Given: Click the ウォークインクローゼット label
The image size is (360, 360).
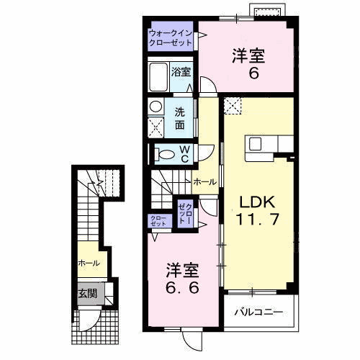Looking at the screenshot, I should point(170,38).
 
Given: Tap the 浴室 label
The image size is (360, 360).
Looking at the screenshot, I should point(181,71).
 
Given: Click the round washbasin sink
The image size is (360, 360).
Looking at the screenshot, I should point(156,107).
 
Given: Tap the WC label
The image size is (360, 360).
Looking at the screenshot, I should point(184,153).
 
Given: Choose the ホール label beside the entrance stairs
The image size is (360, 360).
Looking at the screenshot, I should point(89,264).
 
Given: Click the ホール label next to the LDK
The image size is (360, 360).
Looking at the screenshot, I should point(205,183).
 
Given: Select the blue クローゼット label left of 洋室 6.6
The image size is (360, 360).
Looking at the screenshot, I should point(158,221).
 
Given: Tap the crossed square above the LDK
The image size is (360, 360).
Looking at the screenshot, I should point(233,107).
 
